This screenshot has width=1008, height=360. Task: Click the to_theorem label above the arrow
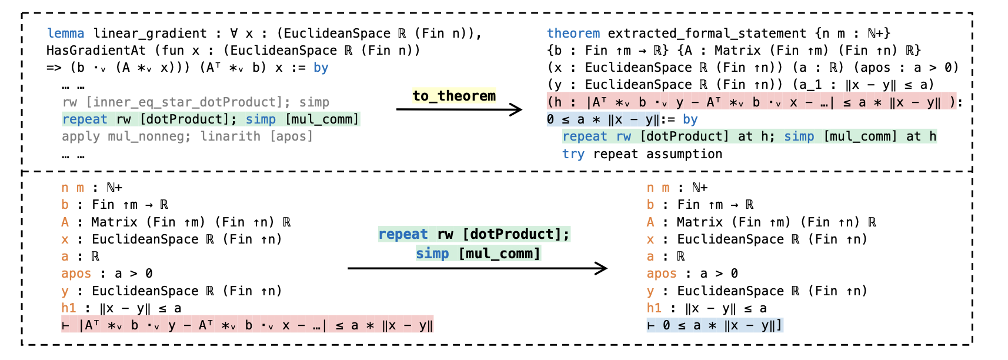454,96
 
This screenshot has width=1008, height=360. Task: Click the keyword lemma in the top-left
65,34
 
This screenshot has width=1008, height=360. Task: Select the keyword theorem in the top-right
573,34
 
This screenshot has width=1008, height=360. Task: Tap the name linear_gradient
150,34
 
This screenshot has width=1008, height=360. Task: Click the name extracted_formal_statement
706,34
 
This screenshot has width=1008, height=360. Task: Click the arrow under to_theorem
459,109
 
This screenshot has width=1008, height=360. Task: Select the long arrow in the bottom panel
477,268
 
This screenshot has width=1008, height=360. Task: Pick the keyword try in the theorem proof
573,154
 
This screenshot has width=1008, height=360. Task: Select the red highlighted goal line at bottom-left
247,325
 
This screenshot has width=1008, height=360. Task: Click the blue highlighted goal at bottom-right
715,325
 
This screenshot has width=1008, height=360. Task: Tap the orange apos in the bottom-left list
76,274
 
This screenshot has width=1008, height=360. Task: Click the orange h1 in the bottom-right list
654,308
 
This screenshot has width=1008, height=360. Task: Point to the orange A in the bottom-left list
65,222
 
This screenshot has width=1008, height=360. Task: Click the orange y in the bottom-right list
650,291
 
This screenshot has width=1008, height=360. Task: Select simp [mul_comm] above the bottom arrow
478,254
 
